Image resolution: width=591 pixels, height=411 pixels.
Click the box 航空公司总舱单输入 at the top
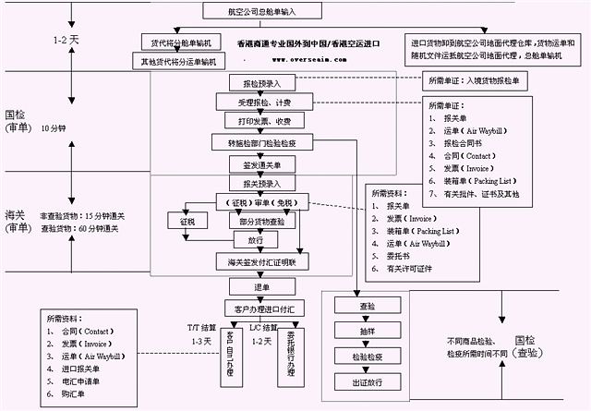(262, 11)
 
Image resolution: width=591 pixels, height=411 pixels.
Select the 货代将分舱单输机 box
(181, 43)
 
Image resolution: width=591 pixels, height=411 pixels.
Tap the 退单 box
(261, 287)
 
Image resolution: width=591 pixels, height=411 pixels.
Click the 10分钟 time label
(54, 127)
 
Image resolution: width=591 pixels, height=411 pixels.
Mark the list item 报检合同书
(469, 144)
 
